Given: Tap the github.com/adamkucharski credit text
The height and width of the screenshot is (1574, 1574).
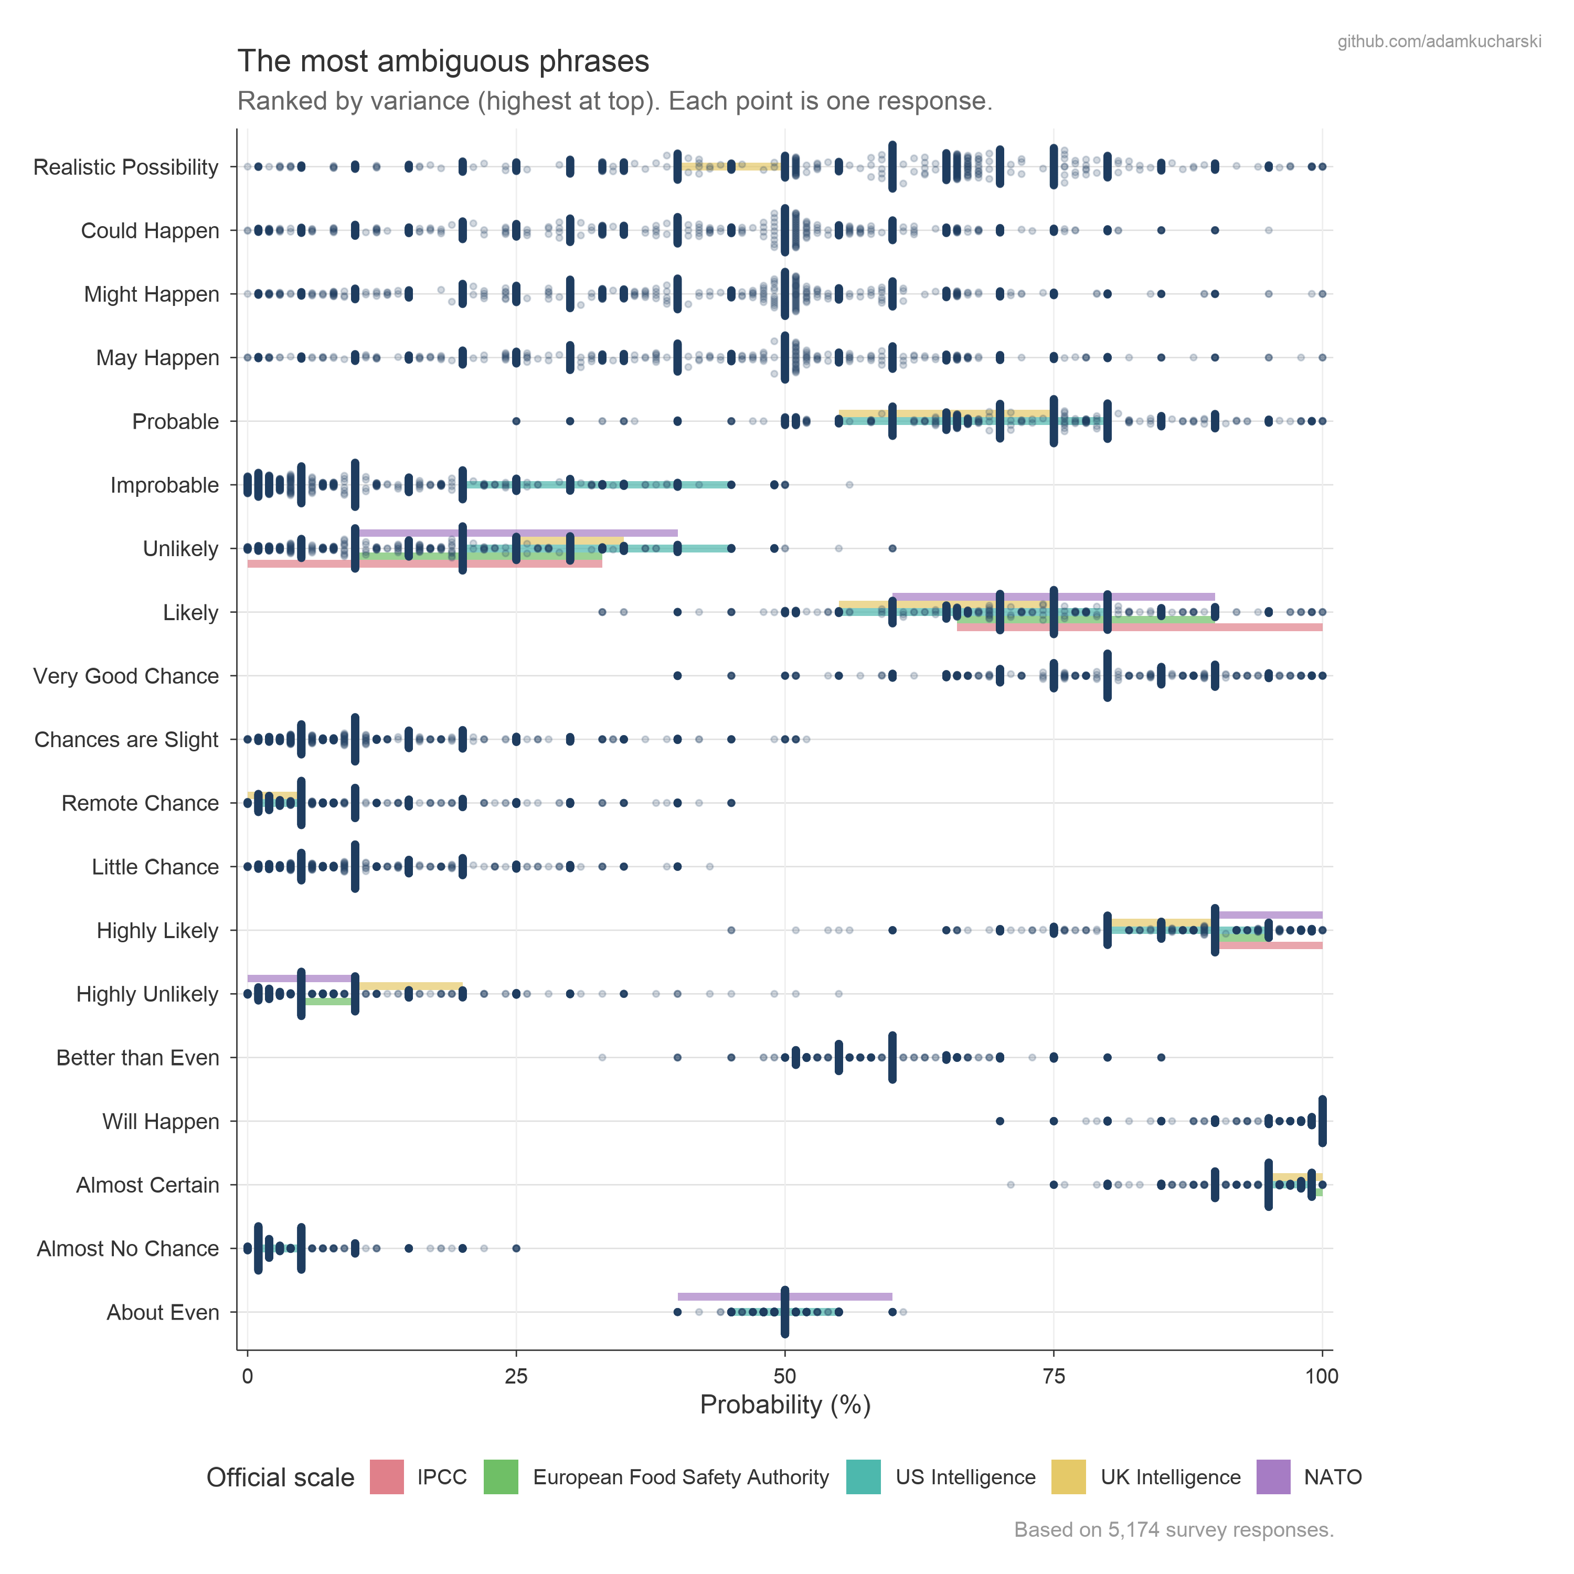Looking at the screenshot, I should point(1439,41).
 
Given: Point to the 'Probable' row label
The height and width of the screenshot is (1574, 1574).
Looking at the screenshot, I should point(175,421).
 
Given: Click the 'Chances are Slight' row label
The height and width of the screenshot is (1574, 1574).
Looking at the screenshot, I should point(126,740).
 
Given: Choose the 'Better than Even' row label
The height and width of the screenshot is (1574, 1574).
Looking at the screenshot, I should point(137,1058).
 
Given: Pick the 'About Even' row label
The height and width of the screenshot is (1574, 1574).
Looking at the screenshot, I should point(163,1313).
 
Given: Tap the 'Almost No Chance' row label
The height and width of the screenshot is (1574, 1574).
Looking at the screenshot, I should point(128,1248).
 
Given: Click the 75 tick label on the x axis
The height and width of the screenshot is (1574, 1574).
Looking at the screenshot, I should point(1054,1377).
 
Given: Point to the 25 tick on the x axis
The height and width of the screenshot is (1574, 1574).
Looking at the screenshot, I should point(516,1377).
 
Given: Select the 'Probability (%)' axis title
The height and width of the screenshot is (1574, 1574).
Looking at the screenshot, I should point(784,1406).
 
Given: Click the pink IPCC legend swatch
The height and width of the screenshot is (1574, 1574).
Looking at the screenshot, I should point(387,1477).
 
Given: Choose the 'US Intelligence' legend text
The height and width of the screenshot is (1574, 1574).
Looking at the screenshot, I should point(965,1477).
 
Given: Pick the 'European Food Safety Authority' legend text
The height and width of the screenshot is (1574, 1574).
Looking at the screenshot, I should point(680,1477).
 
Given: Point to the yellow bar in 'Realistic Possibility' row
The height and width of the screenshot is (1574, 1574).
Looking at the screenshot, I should point(729,166).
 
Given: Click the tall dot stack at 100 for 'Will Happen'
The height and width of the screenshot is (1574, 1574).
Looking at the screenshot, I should point(1322,1121).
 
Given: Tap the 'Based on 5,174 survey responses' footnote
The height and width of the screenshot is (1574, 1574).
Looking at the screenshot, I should point(1173,1530).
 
